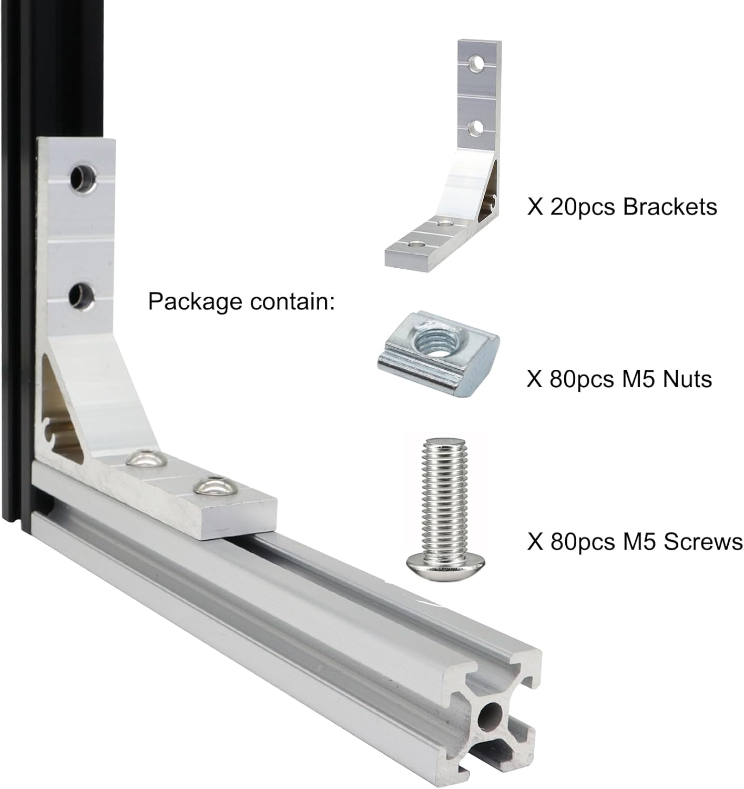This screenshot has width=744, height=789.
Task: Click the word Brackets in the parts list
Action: click(670, 207)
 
